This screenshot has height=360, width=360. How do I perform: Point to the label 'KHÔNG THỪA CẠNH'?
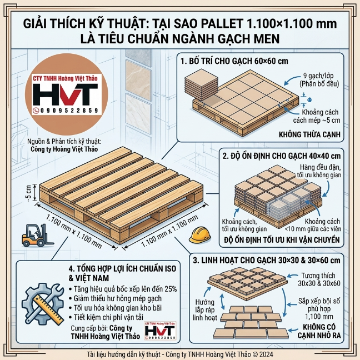pos(312,134)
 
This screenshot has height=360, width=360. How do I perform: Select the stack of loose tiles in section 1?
pos(199,83)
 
